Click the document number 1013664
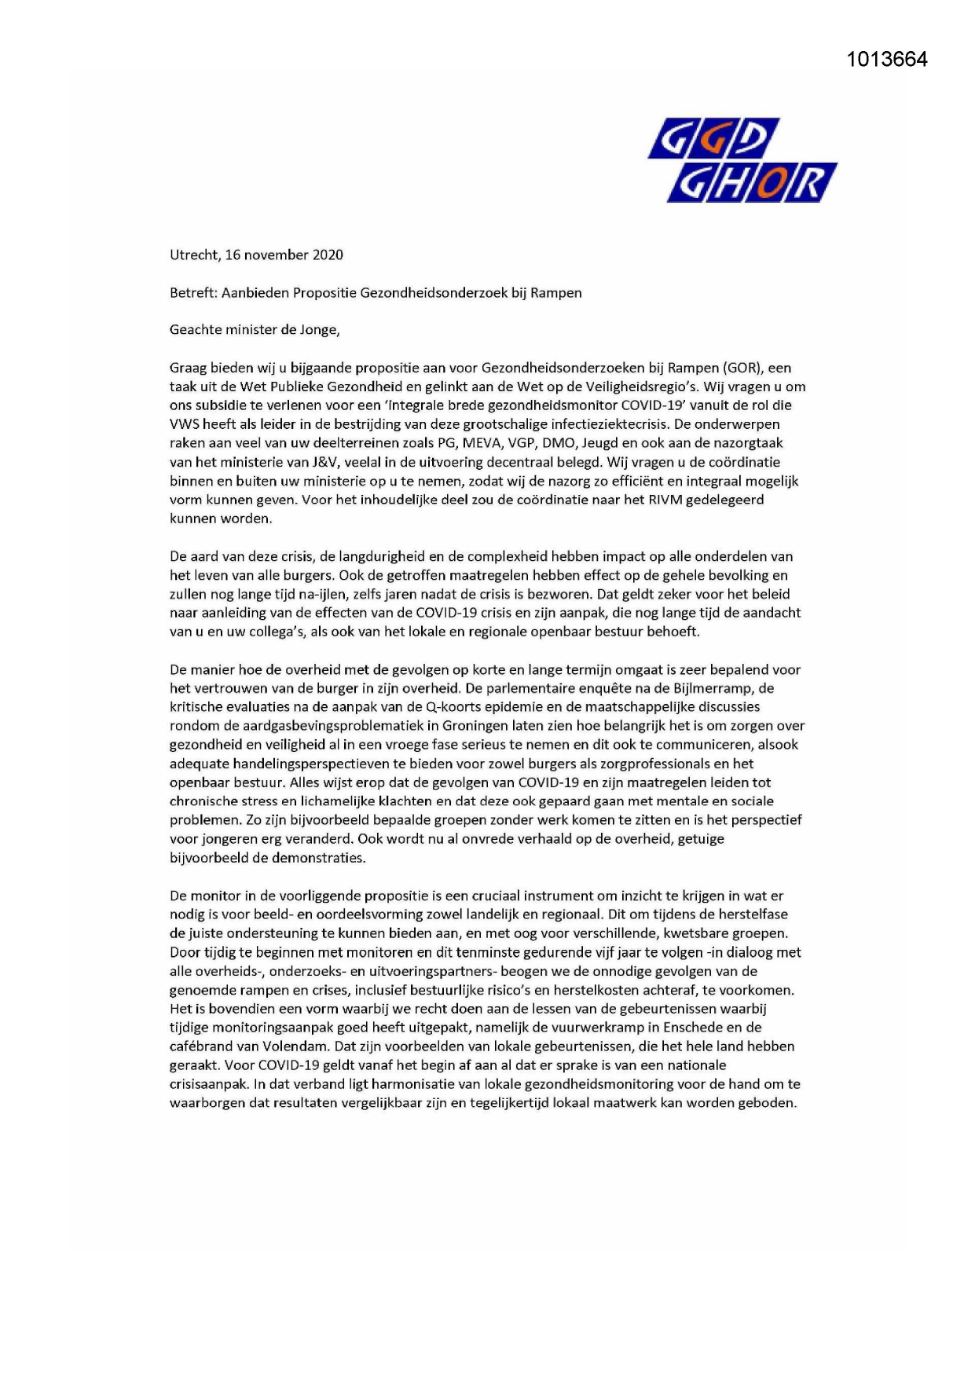tap(887, 60)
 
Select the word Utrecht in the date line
tap(193, 255)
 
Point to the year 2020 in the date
tap(328, 255)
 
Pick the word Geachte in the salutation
tap(196, 330)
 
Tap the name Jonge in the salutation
tap(318, 330)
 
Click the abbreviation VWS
tap(185, 424)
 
